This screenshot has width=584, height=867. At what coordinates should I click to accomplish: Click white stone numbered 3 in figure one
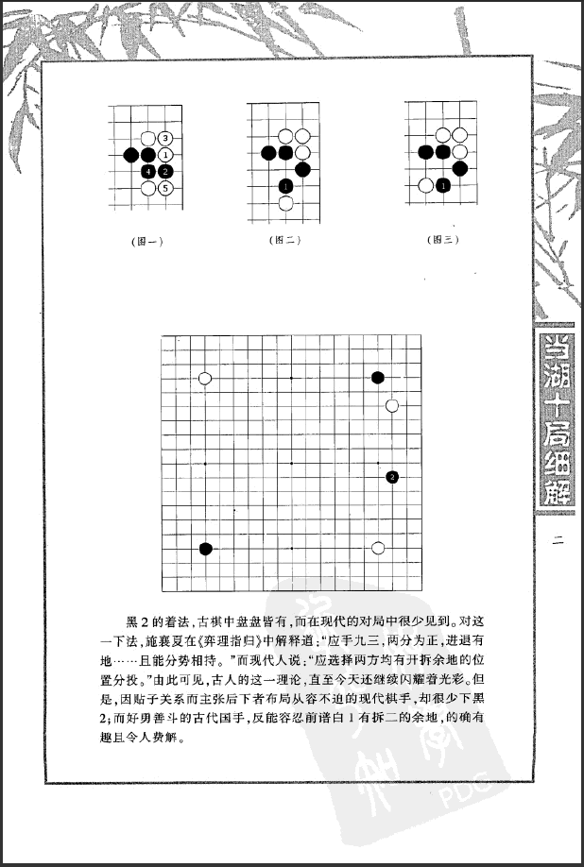point(164,139)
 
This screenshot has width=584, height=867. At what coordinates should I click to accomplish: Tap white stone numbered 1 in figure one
point(164,155)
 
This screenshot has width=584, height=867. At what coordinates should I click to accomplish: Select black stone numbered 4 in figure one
point(147,171)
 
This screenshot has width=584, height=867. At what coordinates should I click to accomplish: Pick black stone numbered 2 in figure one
point(164,171)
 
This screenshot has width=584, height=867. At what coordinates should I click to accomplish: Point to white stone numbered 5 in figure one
point(164,187)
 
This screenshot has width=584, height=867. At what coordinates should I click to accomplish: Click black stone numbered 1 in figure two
point(285,185)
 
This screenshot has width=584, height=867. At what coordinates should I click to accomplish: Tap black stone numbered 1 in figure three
point(443,185)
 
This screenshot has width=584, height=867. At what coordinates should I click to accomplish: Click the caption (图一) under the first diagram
point(147,241)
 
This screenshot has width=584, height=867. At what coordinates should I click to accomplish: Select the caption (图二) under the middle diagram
point(284,240)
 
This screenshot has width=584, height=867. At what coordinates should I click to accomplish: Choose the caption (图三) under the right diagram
point(443,240)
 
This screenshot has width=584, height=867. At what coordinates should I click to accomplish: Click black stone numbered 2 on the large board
point(392,477)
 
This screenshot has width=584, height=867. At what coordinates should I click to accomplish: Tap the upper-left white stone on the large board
point(205,378)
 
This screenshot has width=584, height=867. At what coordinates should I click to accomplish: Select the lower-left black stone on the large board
point(205,548)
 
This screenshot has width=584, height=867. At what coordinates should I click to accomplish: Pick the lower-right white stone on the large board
point(378,548)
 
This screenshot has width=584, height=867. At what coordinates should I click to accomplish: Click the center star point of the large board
point(292,463)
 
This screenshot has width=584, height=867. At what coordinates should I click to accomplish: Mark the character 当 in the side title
point(554,348)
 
